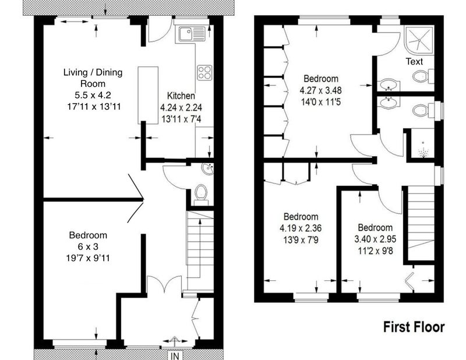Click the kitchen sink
[192, 33]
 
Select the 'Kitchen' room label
[181, 96]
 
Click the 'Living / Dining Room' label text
[93, 78]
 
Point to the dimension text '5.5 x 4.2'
[93, 95]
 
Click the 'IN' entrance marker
[175, 356]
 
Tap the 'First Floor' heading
[414, 327]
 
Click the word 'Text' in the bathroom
[414, 62]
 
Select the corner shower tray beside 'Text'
[419, 38]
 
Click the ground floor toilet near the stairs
[201, 194]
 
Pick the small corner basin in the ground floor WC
[207, 168]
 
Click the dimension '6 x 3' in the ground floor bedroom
[88, 246]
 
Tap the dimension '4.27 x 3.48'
[321, 90]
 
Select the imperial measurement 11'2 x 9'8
[375, 251]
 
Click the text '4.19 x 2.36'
[301, 228]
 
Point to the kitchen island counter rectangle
[148, 95]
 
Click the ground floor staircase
[200, 251]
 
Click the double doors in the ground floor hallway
[164, 285]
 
